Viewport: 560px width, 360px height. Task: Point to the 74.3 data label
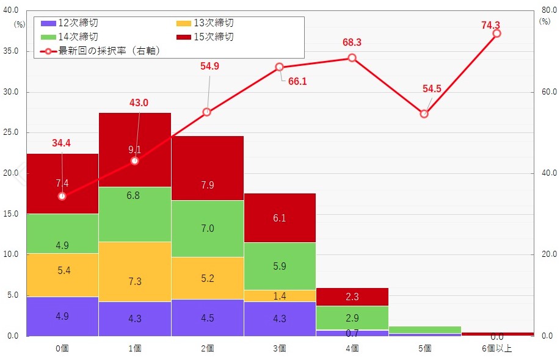point(490,25)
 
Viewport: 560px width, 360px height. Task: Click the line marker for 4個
point(352,58)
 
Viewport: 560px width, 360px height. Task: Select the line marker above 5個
point(424,114)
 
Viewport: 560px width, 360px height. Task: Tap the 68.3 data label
point(352,43)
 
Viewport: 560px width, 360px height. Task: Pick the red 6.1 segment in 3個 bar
point(279,218)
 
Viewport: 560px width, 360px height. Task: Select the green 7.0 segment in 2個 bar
point(207,229)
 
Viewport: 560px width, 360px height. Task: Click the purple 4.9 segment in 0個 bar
point(62,316)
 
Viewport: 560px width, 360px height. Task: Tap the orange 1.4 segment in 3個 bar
point(279,296)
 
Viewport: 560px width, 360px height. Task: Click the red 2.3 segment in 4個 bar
point(352,297)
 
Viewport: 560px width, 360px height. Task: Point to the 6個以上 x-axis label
point(497,348)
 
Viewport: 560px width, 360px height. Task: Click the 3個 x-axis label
point(280,348)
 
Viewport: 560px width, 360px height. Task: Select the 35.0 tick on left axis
point(11,52)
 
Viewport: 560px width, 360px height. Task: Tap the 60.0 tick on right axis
point(548,92)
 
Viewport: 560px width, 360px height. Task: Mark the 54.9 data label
point(209,67)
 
